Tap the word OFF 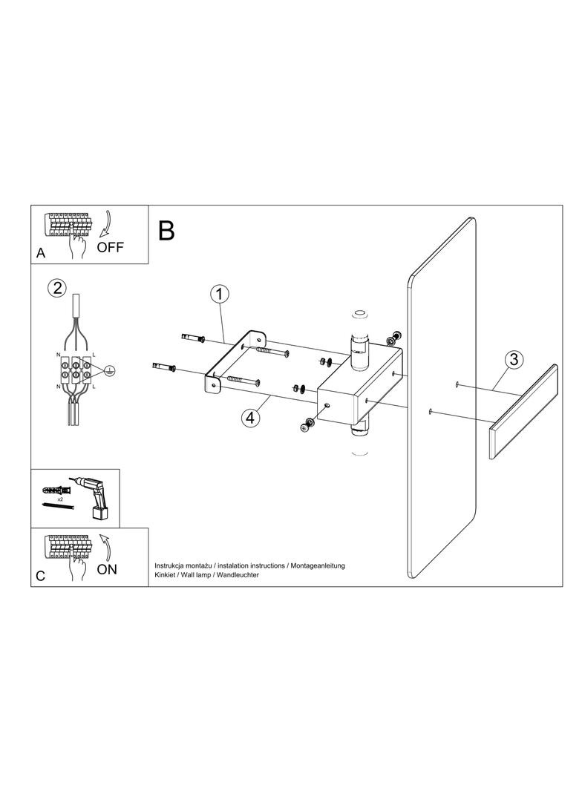111,248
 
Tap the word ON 106,569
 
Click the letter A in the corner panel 41,254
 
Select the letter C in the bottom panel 41,576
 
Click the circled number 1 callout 218,295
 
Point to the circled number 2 56,288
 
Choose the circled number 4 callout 251,418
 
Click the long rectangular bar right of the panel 523,413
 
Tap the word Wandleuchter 235,576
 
